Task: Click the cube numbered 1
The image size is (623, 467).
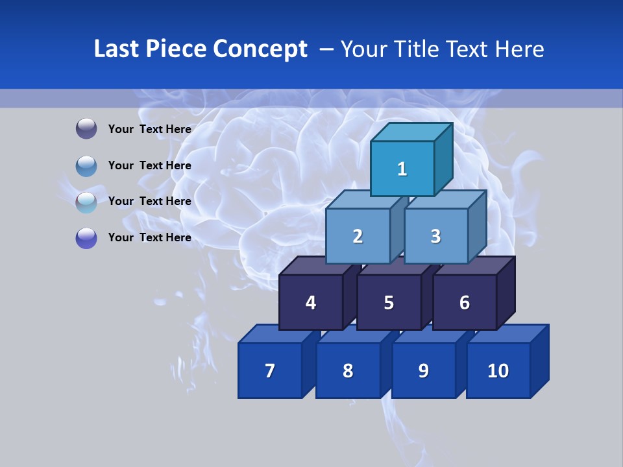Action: (x=402, y=169)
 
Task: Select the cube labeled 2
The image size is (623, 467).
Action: (x=358, y=236)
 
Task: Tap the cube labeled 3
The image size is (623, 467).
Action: (x=435, y=236)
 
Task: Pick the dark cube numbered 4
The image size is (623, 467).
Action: (x=311, y=302)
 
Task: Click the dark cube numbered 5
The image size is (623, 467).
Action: (x=389, y=302)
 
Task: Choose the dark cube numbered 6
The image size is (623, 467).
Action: (x=465, y=302)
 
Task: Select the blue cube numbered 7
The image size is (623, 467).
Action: (x=270, y=370)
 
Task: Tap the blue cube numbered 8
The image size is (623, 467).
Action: (x=348, y=370)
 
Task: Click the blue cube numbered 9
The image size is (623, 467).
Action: (x=423, y=370)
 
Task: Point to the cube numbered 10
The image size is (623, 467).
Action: (x=498, y=370)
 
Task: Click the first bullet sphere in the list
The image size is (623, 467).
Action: (x=86, y=129)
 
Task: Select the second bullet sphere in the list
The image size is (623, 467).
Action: (x=86, y=165)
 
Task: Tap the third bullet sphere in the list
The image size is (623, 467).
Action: (x=86, y=202)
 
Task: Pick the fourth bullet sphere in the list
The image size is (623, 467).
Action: (x=86, y=237)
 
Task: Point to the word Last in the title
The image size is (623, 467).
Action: (x=118, y=49)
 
